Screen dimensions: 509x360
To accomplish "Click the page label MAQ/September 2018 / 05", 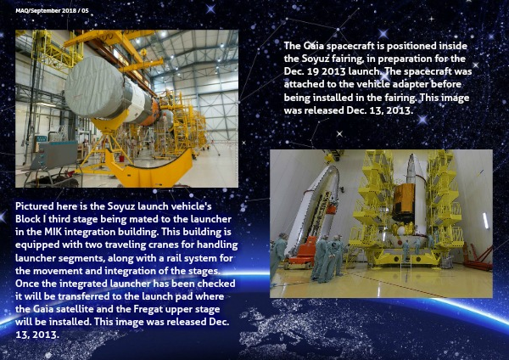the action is click(x=52, y=11).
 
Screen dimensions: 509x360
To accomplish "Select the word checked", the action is click(x=216, y=284).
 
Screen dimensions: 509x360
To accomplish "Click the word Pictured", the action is click(x=35, y=206).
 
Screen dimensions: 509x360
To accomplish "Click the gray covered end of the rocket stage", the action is click(x=94, y=87).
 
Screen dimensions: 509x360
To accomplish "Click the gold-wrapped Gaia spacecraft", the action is click(x=404, y=203).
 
